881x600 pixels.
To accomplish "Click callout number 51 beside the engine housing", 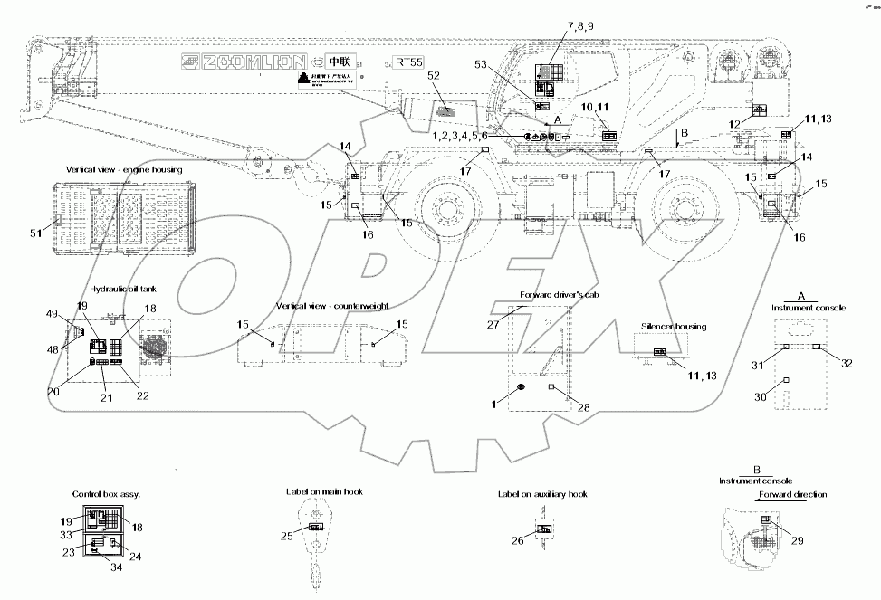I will tap(36, 233).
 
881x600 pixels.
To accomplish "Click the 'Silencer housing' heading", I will tap(673, 327).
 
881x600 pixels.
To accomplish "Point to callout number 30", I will tap(761, 396).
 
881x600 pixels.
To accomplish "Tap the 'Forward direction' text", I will tap(792, 495).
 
